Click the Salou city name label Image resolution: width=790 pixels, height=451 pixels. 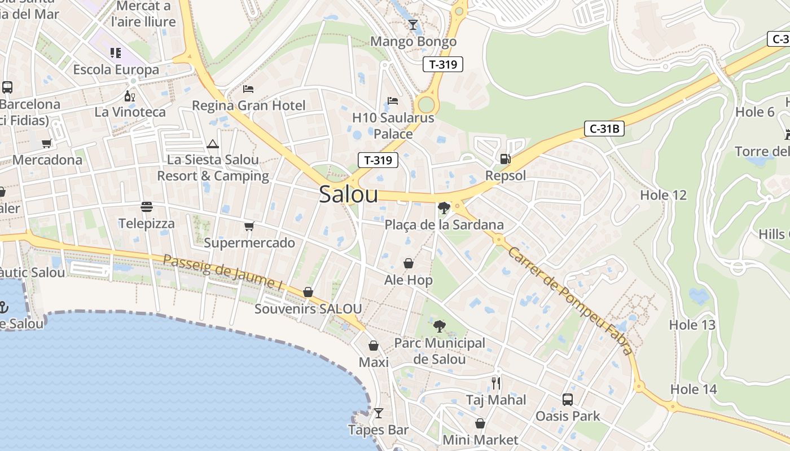click(x=348, y=194)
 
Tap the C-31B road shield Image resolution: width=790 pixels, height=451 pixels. click(x=604, y=129)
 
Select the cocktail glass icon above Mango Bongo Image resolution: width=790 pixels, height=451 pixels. click(x=413, y=24)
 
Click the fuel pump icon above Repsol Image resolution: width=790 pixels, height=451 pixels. click(x=505, y=159)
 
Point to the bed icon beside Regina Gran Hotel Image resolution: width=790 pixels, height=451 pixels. click(x=248, y=89)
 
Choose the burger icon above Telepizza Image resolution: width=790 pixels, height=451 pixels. click(x=147, y=207)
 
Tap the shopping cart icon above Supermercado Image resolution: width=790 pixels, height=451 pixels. click(x=249, y=226)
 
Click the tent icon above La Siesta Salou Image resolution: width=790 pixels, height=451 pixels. click(x=213, y=144)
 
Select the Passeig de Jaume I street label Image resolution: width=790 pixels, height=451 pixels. click(x=222, y=272)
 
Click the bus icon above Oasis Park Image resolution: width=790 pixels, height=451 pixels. click(x=568, y=399)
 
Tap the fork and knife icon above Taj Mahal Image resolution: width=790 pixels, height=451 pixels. click(x=496, y=383)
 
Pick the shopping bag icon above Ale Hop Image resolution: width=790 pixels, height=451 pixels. click(x=408, y=263)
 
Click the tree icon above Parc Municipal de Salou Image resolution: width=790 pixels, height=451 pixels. click(x=439, y=326)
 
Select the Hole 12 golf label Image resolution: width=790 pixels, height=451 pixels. click(x=663, y=195)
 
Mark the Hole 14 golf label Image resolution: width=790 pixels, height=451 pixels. click(x=694, y=389)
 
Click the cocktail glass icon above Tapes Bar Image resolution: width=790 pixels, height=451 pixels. click(x=379, y=413)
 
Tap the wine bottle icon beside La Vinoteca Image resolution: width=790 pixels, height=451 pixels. click(x=129, y=96)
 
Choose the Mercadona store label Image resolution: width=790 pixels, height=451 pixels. click(x=47, y=160)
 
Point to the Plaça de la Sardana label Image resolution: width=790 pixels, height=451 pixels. click(x=444, y=225)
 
